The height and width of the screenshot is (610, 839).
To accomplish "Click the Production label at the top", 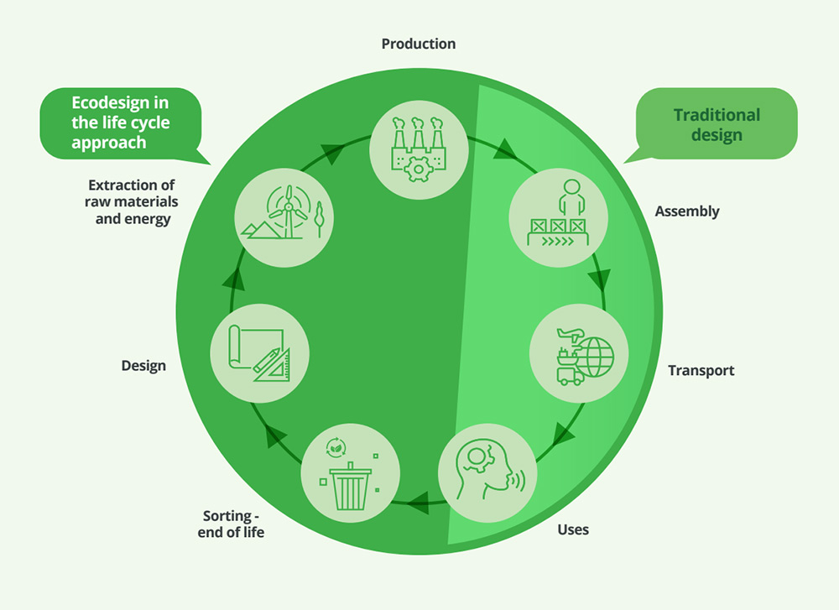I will (419, 44).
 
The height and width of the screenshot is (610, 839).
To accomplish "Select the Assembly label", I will (687, 211).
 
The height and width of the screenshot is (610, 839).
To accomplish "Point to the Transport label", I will (701, 370).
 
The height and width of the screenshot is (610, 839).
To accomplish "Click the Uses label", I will (573, 529).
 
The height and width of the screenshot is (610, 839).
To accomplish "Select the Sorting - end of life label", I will (233, 524).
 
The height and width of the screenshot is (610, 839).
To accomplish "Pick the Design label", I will (143, 366).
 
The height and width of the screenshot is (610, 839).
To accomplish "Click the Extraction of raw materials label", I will (133, 202).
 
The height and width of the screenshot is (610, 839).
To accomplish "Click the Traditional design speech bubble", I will (717, 124).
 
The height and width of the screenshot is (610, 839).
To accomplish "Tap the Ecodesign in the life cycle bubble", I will (121, 123).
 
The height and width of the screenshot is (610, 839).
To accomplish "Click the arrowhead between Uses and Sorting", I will (417, 505).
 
